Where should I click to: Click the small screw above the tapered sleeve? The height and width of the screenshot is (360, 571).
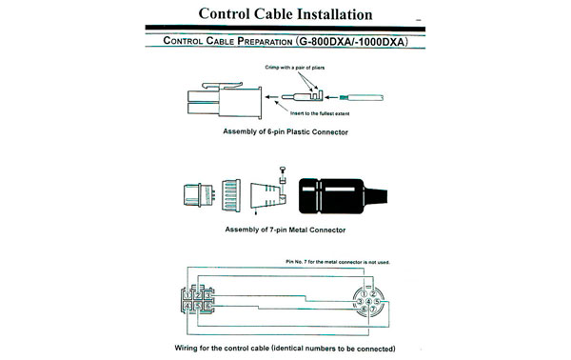click(x=283, y=170)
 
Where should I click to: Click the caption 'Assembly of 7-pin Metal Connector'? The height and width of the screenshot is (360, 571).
click(x=284, y=231)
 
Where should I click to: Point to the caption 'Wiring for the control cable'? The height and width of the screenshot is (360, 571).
click(x=285, y=348)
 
